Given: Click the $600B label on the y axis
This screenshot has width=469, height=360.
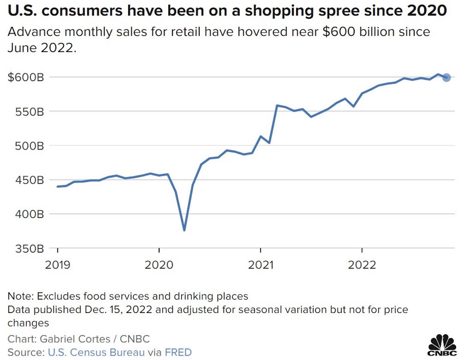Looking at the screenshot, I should click(25, 77).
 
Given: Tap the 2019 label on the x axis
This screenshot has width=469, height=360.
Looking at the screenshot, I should click(58, 265).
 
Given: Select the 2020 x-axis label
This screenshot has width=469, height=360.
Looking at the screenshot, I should click(159, 265).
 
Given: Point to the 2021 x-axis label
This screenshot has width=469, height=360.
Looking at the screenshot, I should click(261, 265).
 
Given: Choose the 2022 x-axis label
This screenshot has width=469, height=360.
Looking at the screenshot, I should click(362, 265).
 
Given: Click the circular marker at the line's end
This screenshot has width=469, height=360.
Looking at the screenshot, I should click(446, 77).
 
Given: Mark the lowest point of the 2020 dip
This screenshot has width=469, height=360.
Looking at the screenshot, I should click(184, 230).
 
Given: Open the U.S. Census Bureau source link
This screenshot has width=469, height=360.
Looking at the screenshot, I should click(96, 352).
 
